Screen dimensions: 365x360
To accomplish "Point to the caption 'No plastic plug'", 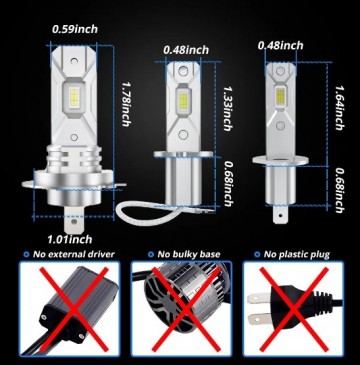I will pyautogui.click(x=300, y=256).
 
